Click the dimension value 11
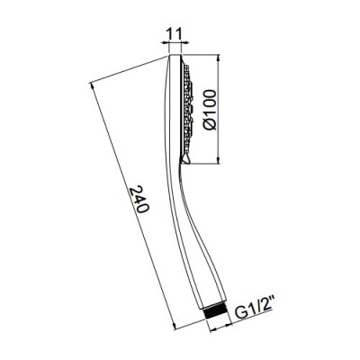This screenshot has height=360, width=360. [175, 35]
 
